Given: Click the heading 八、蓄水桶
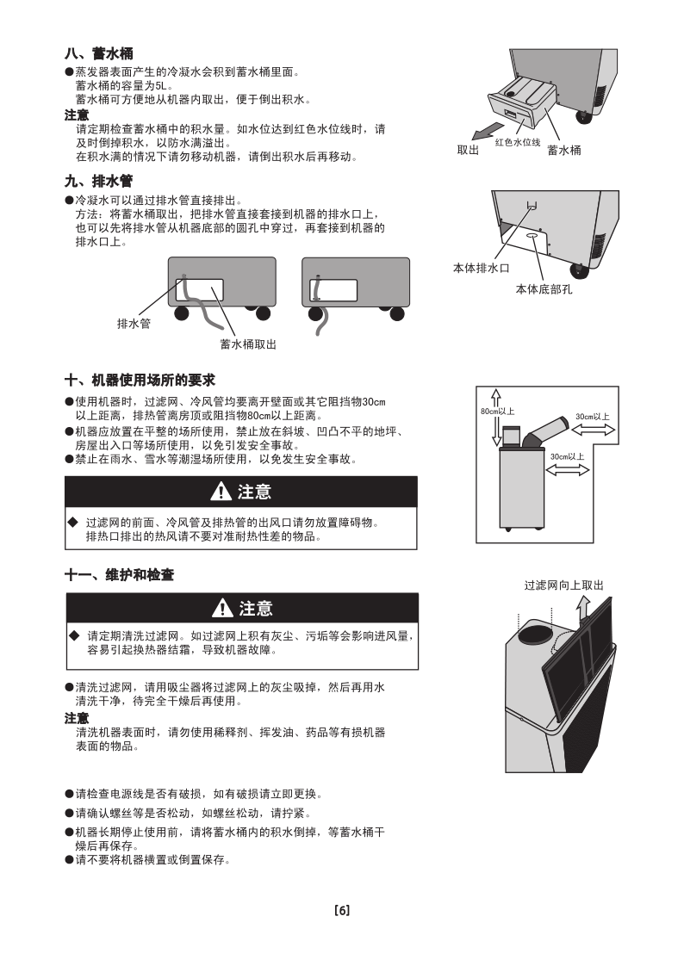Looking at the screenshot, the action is point(98,53).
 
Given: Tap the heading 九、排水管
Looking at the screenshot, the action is point(98,181).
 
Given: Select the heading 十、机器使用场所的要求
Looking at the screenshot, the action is point(140,381).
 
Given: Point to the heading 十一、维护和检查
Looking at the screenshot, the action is point(120,575).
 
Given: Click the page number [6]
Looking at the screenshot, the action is point(341,911).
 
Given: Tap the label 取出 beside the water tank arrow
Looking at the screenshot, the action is point(468,150).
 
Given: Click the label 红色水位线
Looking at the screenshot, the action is point(518,142).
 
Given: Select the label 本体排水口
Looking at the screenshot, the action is point(482,268).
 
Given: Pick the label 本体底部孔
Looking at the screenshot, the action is point(544,289).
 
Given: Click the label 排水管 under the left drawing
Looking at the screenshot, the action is point(134,324).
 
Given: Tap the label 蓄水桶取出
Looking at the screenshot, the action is point(248,344).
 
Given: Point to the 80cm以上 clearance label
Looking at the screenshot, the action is point(497,411).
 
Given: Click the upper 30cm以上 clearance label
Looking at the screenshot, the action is point(592,417).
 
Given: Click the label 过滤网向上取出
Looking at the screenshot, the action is point(564,585).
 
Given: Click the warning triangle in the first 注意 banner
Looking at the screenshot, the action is point(220,492).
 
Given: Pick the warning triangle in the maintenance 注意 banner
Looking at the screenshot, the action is point(221,609).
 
